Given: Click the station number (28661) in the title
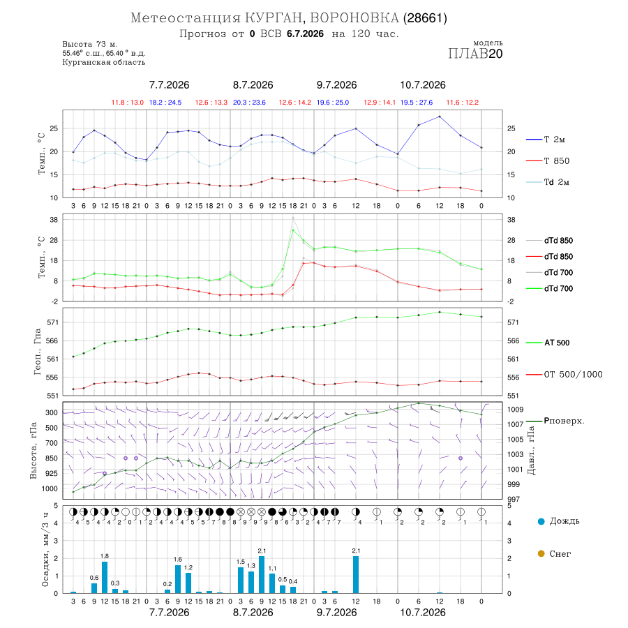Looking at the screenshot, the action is point(425,18).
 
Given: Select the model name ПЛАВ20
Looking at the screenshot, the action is point(475,54).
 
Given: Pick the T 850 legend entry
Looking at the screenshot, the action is point(548,161).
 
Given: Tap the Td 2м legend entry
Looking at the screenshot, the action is point(548,182).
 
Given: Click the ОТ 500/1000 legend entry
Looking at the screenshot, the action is point(564,375).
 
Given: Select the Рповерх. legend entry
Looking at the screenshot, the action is point(555,421).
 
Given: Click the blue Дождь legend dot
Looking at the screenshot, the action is point(541,521).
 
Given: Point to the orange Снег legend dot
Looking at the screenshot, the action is point(541,553).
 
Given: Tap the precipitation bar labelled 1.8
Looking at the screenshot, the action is point(105,578).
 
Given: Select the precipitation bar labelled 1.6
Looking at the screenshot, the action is point(178,579).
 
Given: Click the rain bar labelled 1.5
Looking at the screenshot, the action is point(241,580).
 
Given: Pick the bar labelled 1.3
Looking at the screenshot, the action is point(251,583).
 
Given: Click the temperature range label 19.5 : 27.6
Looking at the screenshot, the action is point(417,103).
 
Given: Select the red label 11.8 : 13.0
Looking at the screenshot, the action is point(128,103).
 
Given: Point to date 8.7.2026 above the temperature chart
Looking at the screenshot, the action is point(253,85).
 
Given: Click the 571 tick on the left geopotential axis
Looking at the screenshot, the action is point(52,322).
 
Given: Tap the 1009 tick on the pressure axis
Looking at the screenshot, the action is point(515,410).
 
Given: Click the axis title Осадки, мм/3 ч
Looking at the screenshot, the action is point(45,550).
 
